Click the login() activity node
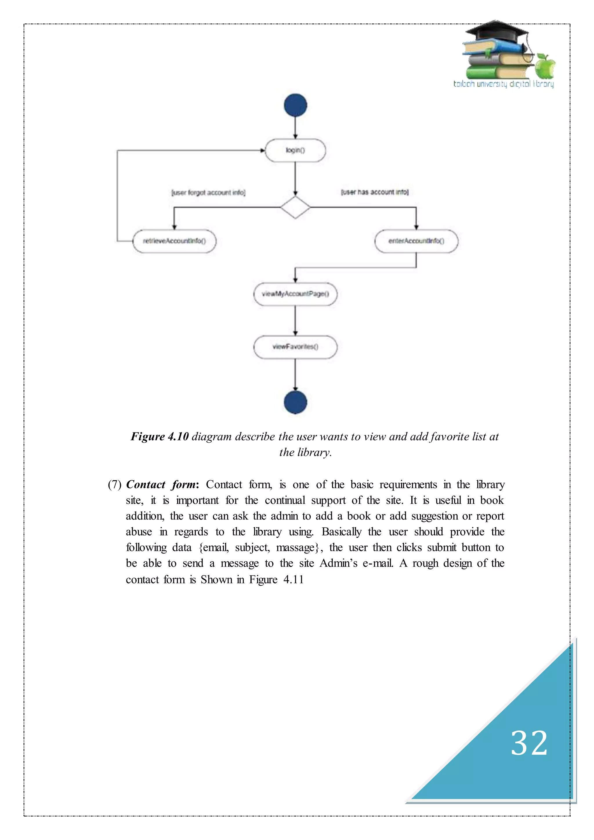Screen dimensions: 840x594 (295, 150)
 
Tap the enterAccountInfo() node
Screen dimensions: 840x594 (416, 241)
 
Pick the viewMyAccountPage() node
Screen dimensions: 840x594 (295, 294)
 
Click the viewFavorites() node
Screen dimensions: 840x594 (295, 347)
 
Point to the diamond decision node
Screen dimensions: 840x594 (295, 207)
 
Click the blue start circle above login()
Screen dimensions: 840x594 (295, 105)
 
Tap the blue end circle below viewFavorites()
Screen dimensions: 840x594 (295, 402)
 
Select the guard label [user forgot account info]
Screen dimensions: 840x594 (208, 192)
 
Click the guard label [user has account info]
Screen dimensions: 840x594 (374, 192)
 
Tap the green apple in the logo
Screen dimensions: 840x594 (545, 67)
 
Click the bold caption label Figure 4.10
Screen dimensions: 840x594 (160, 437)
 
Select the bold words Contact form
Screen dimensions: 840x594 (162, 485)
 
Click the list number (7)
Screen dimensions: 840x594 (115, 485)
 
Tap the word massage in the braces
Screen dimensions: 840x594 (296, 548)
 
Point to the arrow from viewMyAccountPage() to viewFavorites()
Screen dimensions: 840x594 (295, 321)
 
